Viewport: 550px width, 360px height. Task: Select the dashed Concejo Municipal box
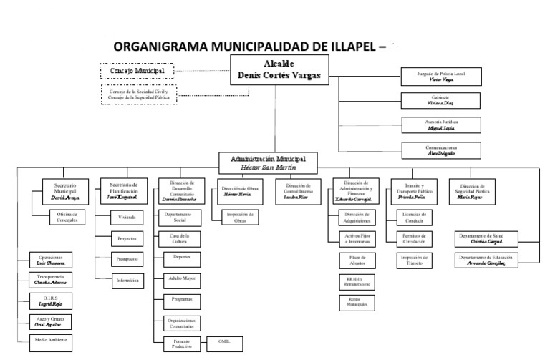137,72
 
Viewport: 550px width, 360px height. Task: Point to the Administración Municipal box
268,161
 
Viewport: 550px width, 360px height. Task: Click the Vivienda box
127,216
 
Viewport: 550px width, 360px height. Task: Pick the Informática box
127,280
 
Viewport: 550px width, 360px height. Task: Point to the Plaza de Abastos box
353,260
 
